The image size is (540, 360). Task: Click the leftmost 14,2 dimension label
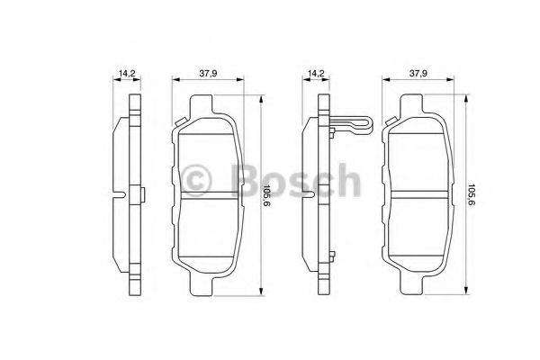pyautogui.click(x=127, y=74)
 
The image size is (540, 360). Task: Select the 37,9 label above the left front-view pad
pyautogui.click(x=208, y=74)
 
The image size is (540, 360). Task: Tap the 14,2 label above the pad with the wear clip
pyautogui.click(x=316, y=74)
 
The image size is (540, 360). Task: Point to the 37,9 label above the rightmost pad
pyautogui.click(x=418, y=74)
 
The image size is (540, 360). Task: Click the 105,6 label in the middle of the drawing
pyautogui.click(x=266, y=195)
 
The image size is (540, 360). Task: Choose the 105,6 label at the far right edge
pyautogui.click(x=472, y=195)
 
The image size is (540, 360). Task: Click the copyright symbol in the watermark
pyautogui.click(x=196, y=181)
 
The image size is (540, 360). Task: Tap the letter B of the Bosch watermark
pyautogui.click(x=247, y=180)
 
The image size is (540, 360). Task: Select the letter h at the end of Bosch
pyautogui.click(x=347, y=179)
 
